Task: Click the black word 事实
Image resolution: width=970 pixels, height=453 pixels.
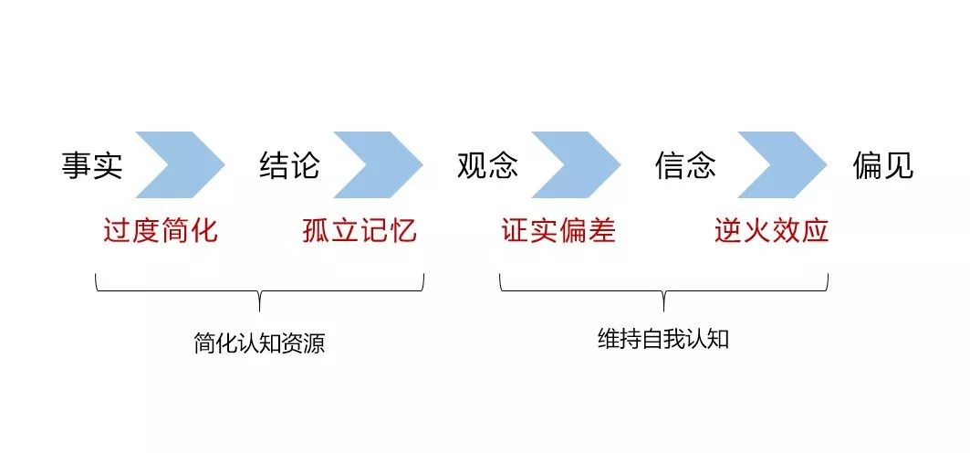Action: tap(92, 165)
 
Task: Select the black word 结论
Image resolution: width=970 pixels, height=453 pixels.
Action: tap(289, 165)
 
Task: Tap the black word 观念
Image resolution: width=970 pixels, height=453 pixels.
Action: tap(487, 165)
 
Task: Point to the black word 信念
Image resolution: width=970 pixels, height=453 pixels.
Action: tap(685, 165)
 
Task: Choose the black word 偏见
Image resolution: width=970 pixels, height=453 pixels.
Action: tap(883, 165)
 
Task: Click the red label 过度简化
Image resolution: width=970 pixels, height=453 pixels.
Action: tap(161, 231)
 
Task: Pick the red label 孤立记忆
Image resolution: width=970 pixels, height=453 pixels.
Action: tap(360, 231)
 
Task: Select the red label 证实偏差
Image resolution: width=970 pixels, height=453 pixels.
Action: tap(558, 231)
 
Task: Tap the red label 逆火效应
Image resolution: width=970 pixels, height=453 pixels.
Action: tap(771, 231)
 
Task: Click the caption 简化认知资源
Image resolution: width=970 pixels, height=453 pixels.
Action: tap(259, 343)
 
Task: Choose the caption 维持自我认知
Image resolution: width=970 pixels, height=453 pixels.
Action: tap(663, 339)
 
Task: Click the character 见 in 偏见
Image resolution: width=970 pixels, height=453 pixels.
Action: tap(900, 165)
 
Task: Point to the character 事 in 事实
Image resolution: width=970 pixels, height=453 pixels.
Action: tap(76, 165)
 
